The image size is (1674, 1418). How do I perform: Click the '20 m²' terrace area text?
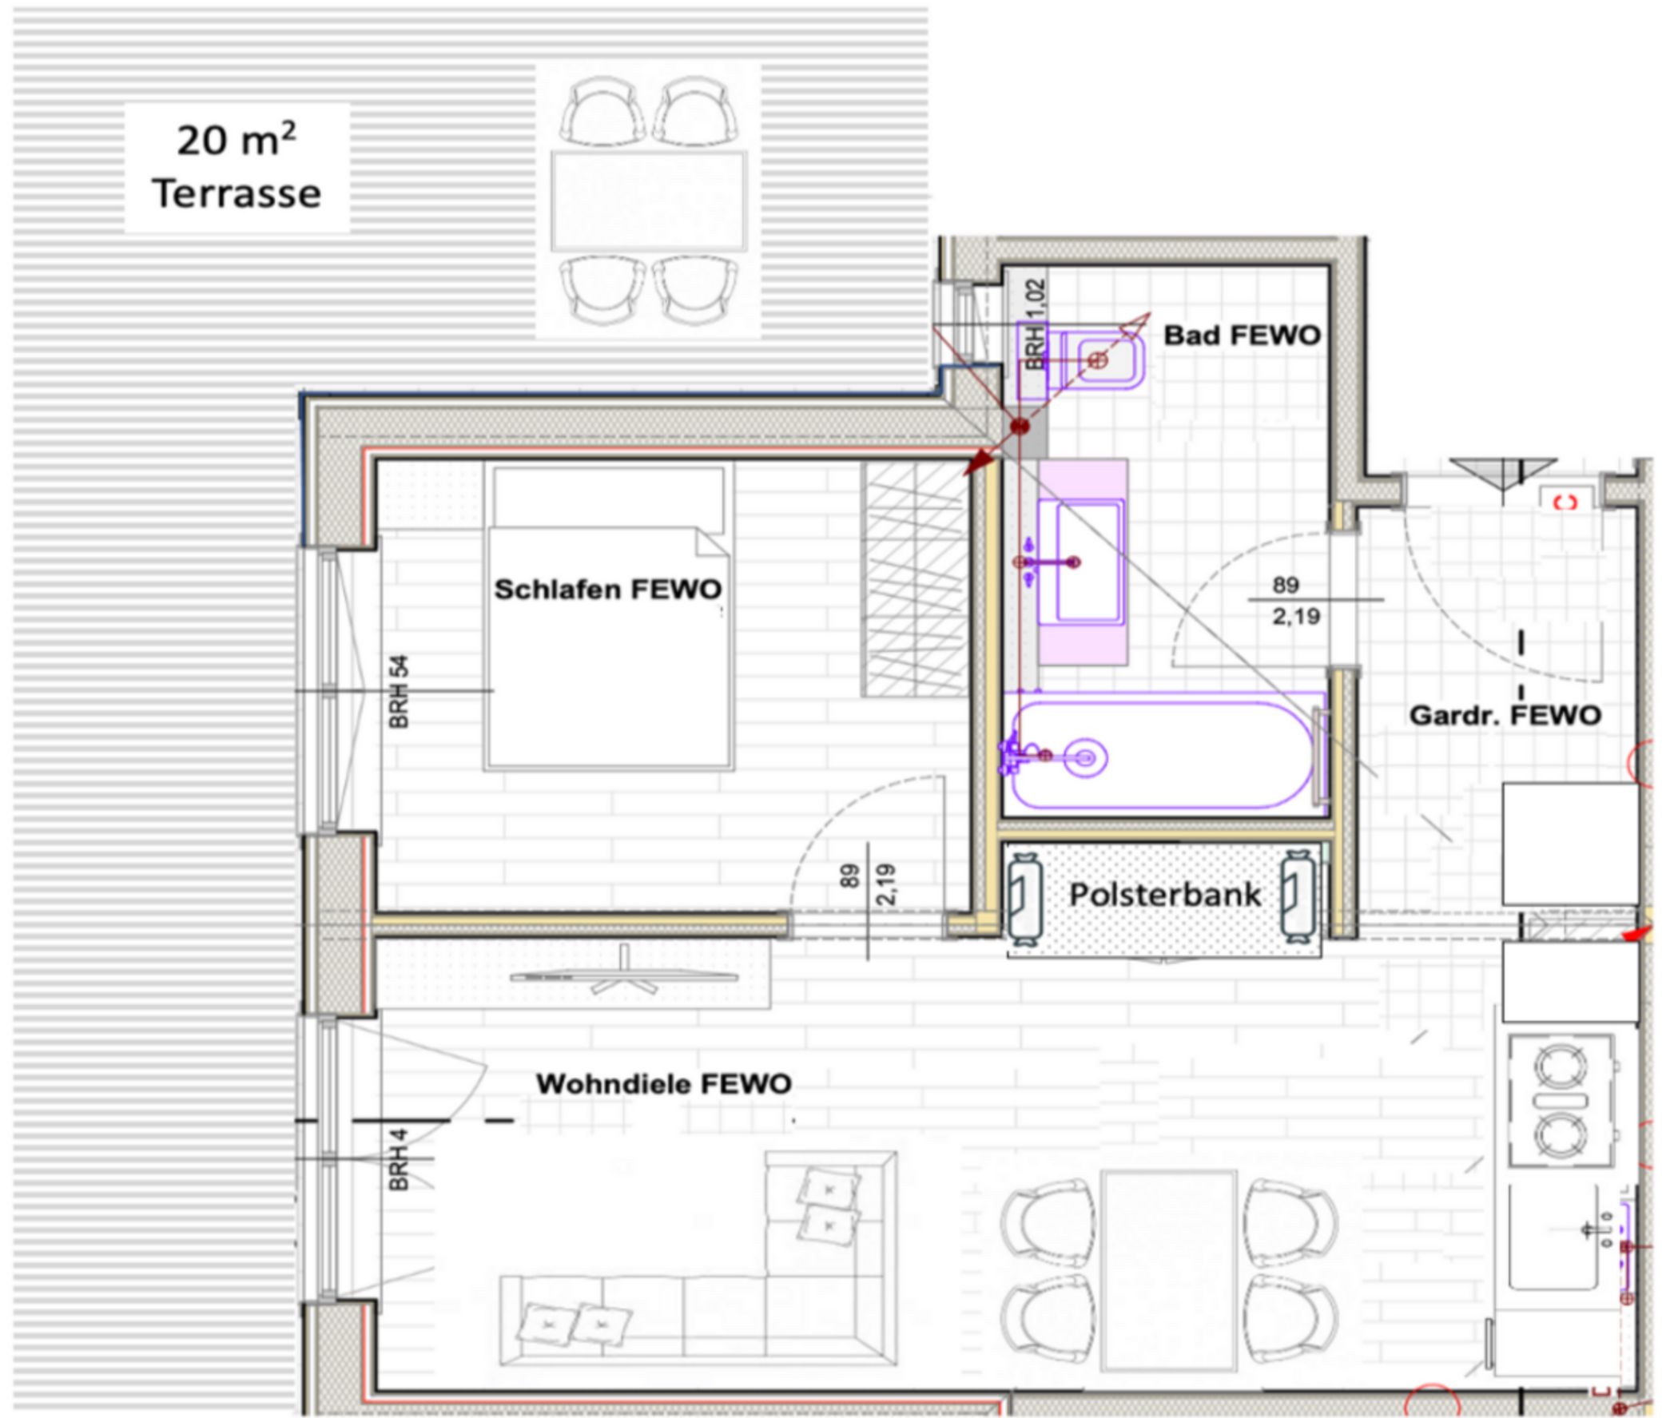click(237, 140)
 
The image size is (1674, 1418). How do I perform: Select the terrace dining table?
click(649, 201)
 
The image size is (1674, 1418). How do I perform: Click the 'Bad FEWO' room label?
click(1243, 336)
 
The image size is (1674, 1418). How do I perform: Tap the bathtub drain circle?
click(1084, 757)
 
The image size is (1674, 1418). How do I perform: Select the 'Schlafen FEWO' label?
click(608, 590)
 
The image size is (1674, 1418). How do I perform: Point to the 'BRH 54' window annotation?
click(399, 692)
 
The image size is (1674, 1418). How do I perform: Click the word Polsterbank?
click(1165, 895)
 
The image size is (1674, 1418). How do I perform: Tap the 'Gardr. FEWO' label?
click(1505, 715)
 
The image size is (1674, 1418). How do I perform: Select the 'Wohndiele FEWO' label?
click(664, 1083)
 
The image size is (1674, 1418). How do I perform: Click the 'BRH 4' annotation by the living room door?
click(399, 1159)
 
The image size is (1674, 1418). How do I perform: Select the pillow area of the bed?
click(609, 498)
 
